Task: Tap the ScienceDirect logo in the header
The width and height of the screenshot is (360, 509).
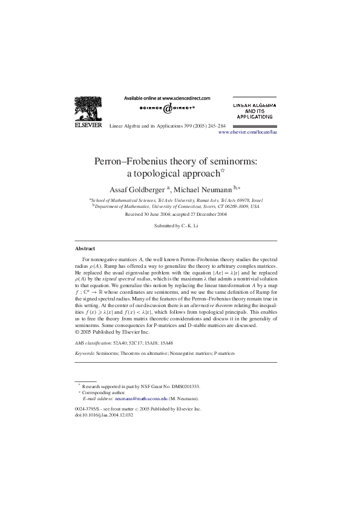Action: pos(167,108)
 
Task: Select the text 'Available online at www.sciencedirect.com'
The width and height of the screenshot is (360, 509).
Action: pos(167,98)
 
